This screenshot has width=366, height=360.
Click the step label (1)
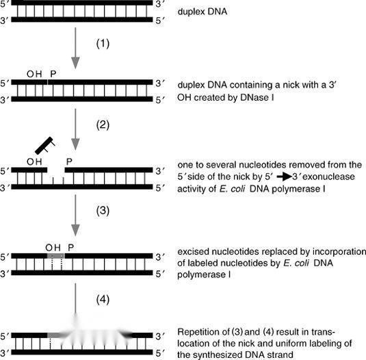click(x=103, y=44)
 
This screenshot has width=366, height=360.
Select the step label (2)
click(x=103, y=125)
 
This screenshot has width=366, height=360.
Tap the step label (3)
click(x=103, y=210)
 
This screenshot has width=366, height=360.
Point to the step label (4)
click(x=103, y=300)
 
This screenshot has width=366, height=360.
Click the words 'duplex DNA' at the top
click(x=202, y=12)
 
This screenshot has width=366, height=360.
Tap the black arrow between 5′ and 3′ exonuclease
click(x=285, y=177)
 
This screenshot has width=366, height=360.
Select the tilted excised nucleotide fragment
click(x=45, y=146)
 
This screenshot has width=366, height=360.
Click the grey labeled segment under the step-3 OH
click(x=56, y=256)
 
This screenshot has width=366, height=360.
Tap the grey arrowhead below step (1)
click(x=75, y=62)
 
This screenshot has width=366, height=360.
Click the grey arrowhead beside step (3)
click(x=75, y=230)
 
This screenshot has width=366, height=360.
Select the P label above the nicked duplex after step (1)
click(x=53, y=74)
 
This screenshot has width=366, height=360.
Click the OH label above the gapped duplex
click(x=34, y=162)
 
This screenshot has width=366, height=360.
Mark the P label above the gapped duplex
click(x=69, y=162)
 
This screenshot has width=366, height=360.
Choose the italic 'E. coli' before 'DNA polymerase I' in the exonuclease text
click(x=232, y=189)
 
